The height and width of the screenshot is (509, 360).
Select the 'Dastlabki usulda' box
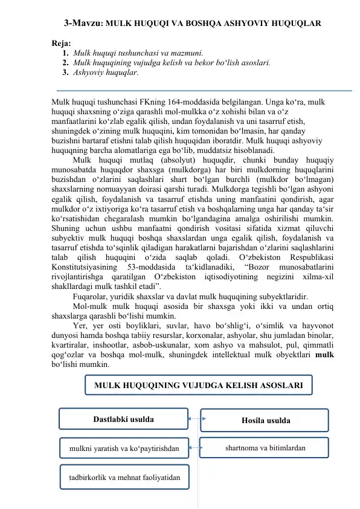click(x=123, y=418)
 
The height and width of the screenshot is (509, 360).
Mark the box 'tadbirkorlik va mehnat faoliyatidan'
click(x=124, y=477)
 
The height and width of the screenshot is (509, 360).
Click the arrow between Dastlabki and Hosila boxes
click(x=193, y=418)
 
